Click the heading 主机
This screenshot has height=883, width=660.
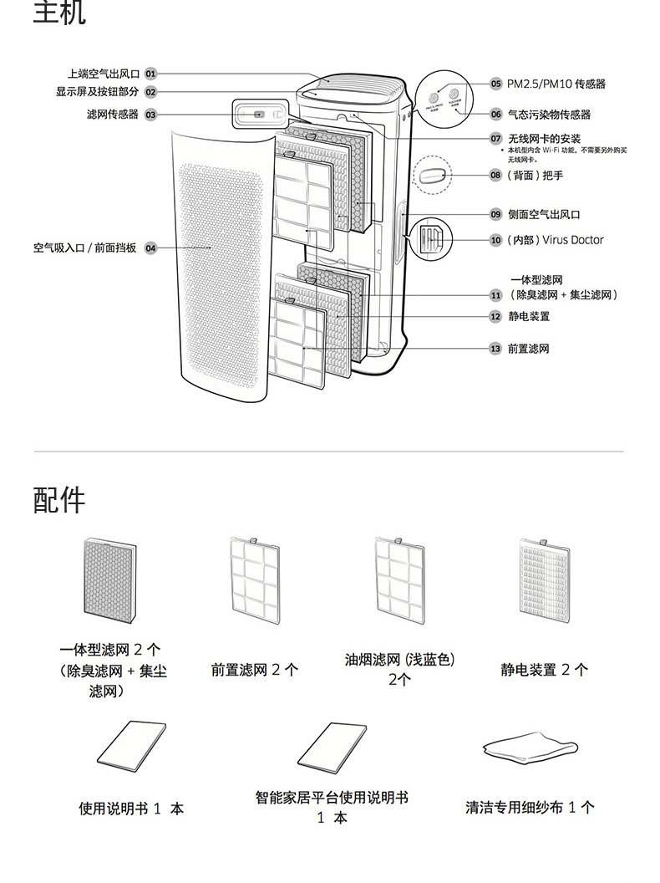tap(59, 14)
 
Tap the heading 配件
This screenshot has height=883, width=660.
tap(59, 500)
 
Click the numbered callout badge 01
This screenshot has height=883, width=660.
tap(150, 74)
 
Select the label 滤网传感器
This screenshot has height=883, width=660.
tap(113, 115)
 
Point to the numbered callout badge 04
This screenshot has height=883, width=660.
tap(150, 248)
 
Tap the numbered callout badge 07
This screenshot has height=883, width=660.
tap(495, 138)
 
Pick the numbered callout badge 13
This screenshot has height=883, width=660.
tap(495, 349)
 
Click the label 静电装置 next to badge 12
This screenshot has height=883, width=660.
tap(529, 317)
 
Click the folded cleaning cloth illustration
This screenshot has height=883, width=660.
tap(530, 746)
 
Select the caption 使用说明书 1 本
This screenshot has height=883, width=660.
tap(131, 809)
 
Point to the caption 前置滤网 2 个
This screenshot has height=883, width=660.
tap(255, 670)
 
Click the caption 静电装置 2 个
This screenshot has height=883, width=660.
tap(545, 670)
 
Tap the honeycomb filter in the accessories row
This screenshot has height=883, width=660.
tap(109, 579)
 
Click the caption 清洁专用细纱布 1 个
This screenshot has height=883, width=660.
tap(530, 808)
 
